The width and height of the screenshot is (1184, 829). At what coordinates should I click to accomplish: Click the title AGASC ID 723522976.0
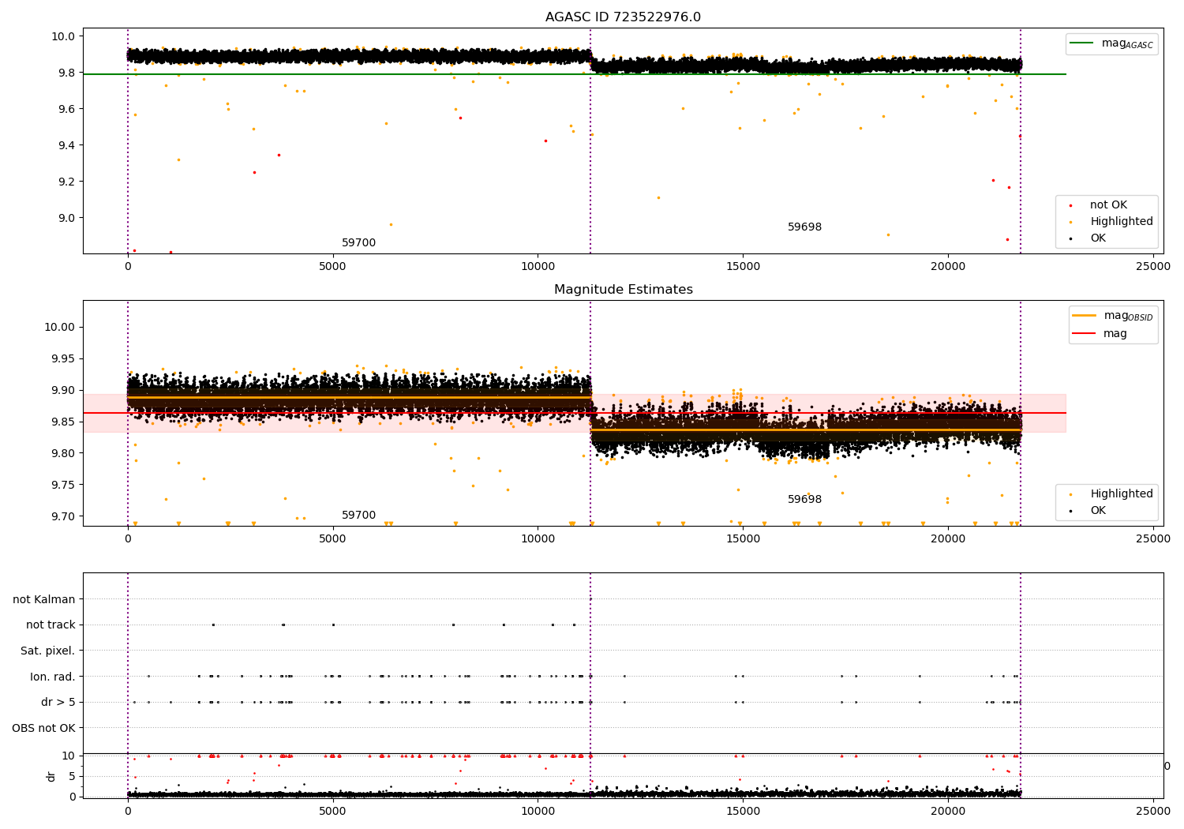623,17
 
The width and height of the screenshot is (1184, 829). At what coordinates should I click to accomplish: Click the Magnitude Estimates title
623,290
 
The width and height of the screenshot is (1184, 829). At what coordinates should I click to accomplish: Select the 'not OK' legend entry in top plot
1108,205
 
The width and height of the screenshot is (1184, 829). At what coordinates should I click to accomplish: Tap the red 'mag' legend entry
1115,333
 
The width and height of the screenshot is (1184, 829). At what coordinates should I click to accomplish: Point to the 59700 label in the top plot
358,243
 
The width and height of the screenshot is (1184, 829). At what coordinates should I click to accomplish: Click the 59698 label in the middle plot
804,500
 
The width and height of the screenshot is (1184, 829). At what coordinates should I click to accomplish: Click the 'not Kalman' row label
44,599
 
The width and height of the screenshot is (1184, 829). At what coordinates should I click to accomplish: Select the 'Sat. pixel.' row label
48,651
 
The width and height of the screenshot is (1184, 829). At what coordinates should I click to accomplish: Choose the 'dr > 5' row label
58,702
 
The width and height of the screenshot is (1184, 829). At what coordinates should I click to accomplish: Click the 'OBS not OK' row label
44,728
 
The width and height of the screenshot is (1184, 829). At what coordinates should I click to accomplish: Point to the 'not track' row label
51,625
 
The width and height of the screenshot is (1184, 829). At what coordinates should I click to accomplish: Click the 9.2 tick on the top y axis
64,182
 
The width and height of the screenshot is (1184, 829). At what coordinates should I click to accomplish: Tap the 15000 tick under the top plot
743,267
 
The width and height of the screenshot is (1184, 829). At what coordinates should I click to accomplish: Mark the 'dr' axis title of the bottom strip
51,776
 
